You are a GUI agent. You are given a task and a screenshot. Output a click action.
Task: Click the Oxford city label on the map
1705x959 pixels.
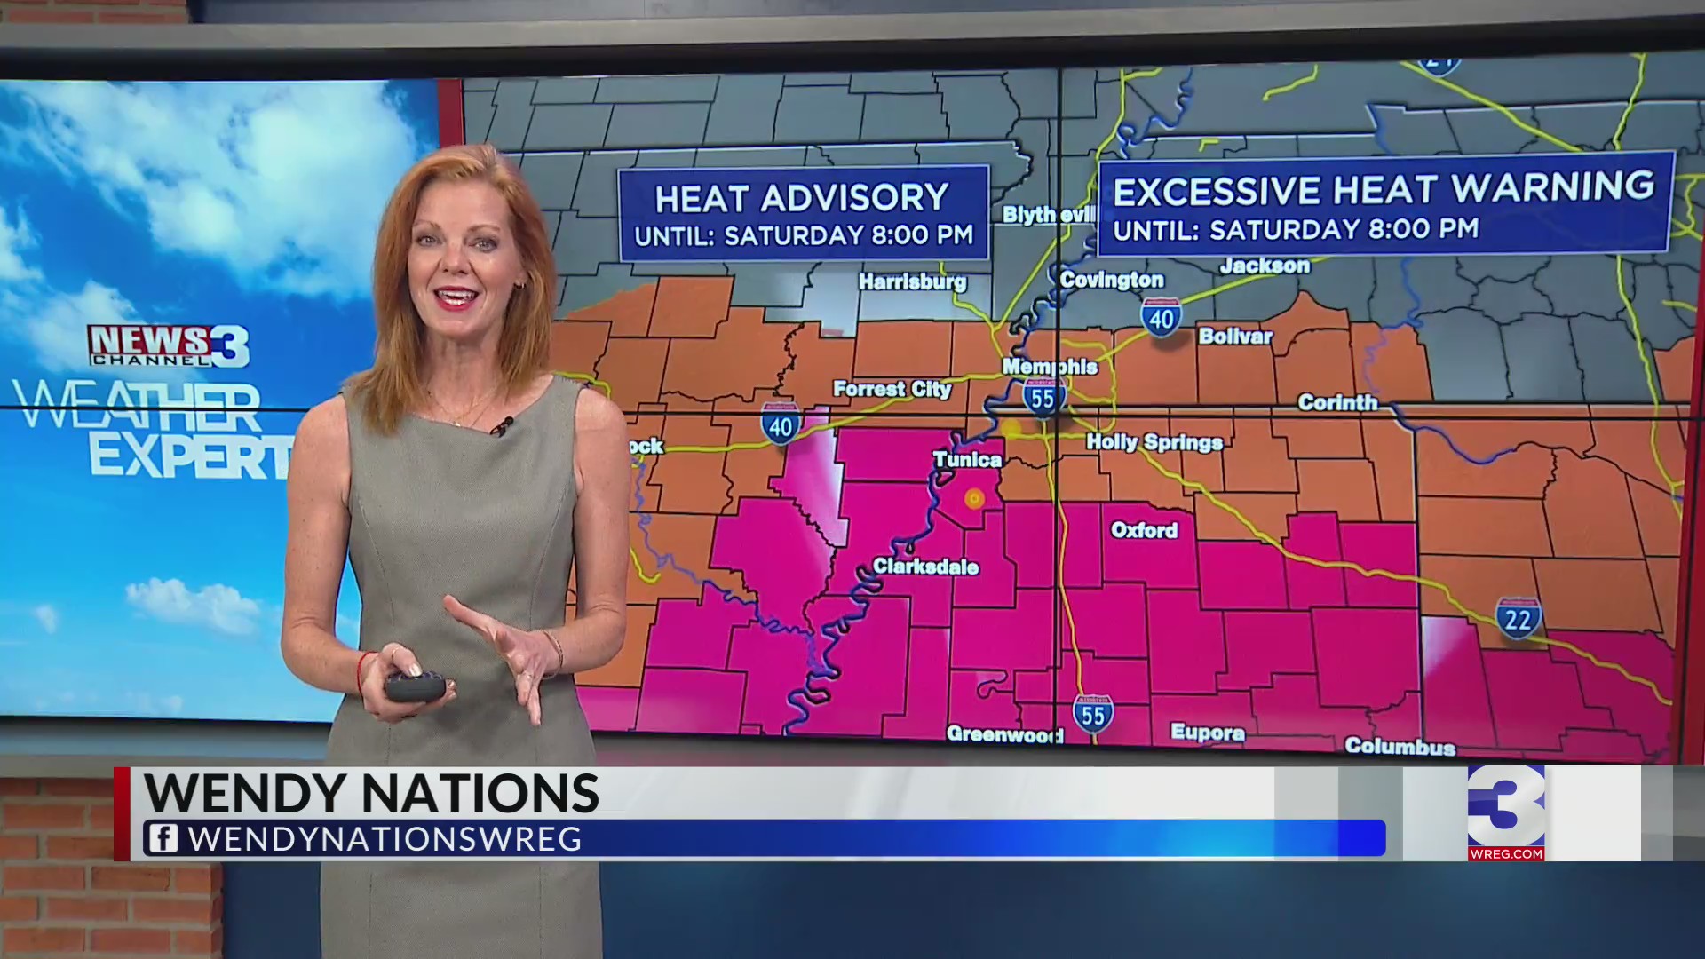[x=1144, y=530]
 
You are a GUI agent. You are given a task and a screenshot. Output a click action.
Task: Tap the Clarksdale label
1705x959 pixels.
[x=925, y=567]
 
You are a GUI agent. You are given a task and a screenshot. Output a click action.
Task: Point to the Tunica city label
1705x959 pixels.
[x=967, y=459]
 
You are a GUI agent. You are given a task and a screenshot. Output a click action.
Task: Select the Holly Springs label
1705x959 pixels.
[x=1154, y=442]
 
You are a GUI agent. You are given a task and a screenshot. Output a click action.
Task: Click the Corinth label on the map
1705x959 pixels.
[x=1337, y=402]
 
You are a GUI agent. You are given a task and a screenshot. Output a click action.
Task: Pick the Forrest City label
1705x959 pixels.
[x=892, y=389]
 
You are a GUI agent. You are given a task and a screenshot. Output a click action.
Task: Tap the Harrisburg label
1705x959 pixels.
[x=912, y=281]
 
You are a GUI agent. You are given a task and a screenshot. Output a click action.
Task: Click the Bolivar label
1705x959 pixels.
[x=1235, y=336]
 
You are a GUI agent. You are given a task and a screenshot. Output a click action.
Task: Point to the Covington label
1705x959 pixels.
[x=1112, y=280]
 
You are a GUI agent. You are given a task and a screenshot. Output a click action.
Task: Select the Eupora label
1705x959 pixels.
[x=1208, y=733]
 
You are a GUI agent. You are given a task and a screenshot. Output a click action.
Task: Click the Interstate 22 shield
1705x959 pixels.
[x=1518, y=618]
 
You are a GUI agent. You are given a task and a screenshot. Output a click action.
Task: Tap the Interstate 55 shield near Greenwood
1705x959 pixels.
[x=1092, y=715]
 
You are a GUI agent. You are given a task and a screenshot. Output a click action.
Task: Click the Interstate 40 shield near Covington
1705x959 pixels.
[x=1162, y=318]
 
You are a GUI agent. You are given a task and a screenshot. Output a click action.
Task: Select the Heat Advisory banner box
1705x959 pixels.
[x=804, y=213]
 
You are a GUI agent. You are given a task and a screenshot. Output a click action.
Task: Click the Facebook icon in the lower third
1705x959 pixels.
[x=163, y=839]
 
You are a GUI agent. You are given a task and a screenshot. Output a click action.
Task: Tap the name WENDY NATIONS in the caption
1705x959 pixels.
[x=371, y=793]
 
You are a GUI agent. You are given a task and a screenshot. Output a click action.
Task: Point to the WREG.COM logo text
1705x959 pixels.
[x=1506, y=854]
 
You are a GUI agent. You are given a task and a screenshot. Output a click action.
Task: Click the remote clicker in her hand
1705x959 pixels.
[x=415, y=686]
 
